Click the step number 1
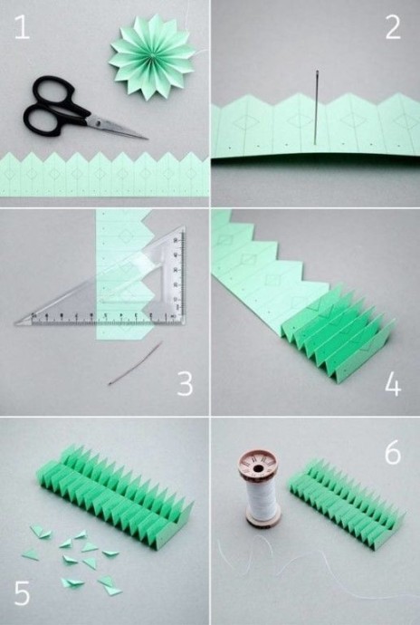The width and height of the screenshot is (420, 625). coord(23,27)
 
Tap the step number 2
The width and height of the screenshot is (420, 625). coord(393,27)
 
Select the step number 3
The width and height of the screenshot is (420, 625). coord(185,384)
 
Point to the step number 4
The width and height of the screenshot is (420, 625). coord(393,384)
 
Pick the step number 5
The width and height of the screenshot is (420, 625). coord(23,592)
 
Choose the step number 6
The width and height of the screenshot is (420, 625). coord(393,452)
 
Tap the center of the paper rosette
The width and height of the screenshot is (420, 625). coord(152,56)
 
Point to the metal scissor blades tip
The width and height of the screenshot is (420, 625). coord(148,139)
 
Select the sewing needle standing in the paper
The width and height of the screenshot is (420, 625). coord(317,107)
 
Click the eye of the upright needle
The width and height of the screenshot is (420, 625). coord(317,73)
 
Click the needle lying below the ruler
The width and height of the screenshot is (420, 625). coord(135,363)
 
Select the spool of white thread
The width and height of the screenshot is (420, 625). coord(261,487)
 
